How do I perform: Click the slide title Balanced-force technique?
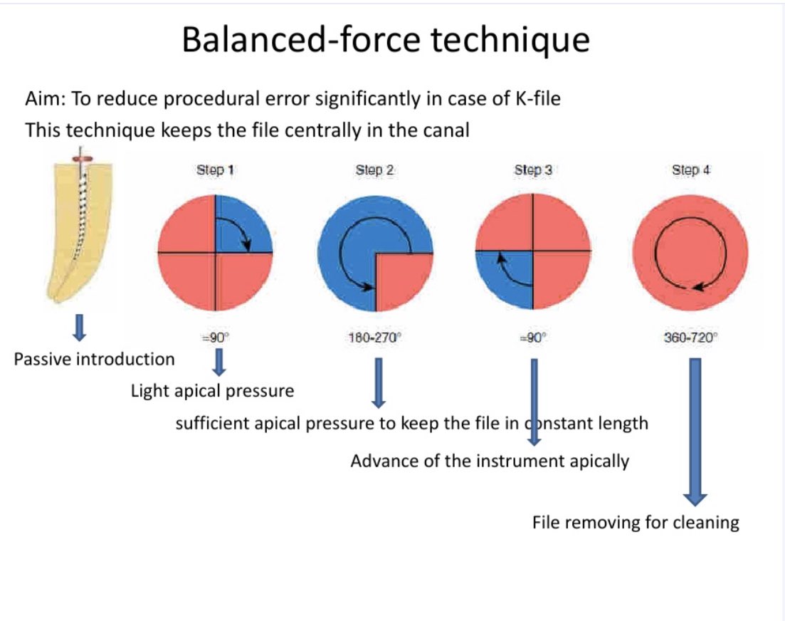(x=385, y=40)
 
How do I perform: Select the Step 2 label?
(x=374, y=170)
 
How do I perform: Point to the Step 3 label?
(x=533, y=170)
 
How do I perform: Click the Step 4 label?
(x=690, y=170)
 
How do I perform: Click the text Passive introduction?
(x=94, y=359)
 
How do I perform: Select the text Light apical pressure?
(x=212, y=391)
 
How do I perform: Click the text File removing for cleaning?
(x=636, y=523)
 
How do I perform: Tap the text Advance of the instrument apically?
(x=490, y=461)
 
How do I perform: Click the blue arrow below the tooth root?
(x=80, y=327)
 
